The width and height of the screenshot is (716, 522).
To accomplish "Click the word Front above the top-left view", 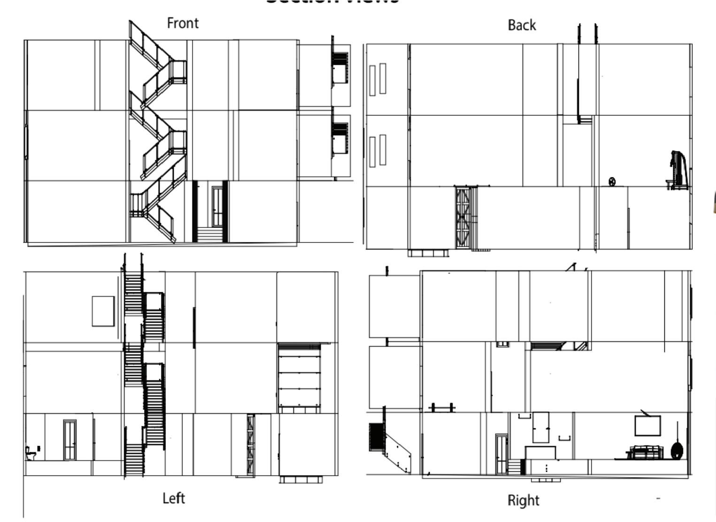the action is [183, 23].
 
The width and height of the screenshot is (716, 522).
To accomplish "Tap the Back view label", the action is [522, 25].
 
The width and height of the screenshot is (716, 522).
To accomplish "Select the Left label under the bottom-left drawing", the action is [173, 498].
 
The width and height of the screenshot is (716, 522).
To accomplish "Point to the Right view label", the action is [523, 500].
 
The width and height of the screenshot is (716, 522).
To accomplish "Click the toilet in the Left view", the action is [31, 454].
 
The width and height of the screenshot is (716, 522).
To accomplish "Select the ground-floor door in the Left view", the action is [69, 440].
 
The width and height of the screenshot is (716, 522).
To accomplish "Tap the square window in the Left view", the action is [103, 311].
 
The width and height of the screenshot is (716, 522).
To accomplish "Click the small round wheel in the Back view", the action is [612, 182].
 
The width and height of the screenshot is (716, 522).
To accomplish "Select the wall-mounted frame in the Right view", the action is [647, 425].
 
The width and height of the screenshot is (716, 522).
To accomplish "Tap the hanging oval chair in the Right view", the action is [677, 451].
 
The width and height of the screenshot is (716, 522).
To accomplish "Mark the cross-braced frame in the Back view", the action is [463, 217].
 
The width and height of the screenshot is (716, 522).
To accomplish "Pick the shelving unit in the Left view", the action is [299, 378].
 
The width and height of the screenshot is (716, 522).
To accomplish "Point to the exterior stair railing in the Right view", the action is [397, 452].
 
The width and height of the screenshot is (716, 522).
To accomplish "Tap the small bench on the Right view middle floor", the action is [442, 407].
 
